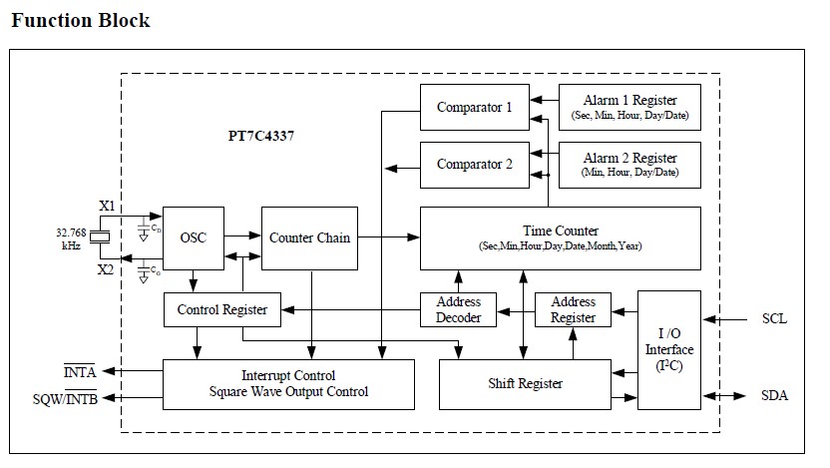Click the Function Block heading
tap(81, 20)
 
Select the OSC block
tap(193, 237)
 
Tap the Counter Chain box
tap(309, 237)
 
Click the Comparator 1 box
tap(474, 108)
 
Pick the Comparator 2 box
tap(474, 164)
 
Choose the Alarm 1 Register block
tap(629, 108)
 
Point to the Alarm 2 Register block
tap(629, 164)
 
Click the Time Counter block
tap(560, 237)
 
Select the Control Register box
tap(221, 309)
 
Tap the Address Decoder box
tap(459, 309)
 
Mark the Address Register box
tap(573, 309)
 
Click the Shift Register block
tap(525, 384)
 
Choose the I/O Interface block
tap(668, 349)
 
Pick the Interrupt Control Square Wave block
tap(288, 384)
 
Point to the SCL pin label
tap(774, 319)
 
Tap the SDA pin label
tap(774, 396)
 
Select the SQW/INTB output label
tap(64, 398)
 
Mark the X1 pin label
tap(107, 206)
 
